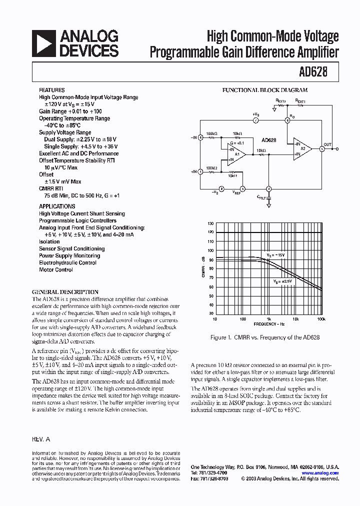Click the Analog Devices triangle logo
[x=44, y=43]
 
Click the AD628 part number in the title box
[x=314, y=71]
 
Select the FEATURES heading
[x=52, y=90]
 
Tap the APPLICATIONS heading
[x=57, y=206]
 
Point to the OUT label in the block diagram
[x=327, y=144]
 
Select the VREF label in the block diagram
[x=236, y=193]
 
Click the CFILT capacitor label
[x=261, y=197]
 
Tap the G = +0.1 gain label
[x=237, y=143]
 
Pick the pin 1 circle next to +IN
[x=200, y=171]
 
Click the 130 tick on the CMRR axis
[x=210, y=223]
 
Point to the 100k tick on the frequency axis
[x=321, y=318]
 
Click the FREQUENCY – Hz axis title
[x=268, y=324]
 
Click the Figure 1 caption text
[x=265, y=337]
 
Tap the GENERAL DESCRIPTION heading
[x=65, y=291]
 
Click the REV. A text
[x=41, y=438]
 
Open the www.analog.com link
[x=320, y=473]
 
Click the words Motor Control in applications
[x=56, y=269]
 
